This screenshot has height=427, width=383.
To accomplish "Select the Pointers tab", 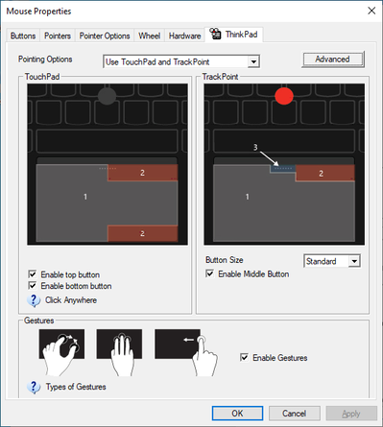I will tap(57, 36).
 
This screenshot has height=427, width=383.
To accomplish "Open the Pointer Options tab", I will tap(105, 36).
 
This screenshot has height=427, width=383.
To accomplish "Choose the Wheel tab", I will tap(149, 36).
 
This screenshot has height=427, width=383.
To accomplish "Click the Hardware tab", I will tap(184, 36).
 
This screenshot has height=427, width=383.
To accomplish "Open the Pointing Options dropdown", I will tap(181, 62).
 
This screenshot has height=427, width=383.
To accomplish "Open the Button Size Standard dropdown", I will tap(331, 260).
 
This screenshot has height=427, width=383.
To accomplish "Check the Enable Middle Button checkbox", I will tap(211, 273).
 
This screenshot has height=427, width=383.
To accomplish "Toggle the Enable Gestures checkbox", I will tap(244, 358).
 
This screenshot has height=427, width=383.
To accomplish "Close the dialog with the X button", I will tap(369, 12).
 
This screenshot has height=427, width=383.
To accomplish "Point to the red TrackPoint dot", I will tap(283, 96).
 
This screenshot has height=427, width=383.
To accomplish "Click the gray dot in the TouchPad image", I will tap(107, 96).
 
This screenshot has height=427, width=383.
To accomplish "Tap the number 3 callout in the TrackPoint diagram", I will tap(255, 147).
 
